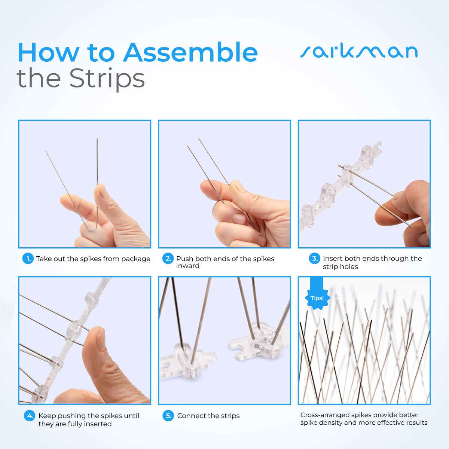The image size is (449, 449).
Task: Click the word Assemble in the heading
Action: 190,53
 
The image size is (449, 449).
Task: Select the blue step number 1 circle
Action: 28,259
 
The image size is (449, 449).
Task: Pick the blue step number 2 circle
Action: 168,259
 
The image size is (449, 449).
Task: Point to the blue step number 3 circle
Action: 315,259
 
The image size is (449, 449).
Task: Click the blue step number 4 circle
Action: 30,416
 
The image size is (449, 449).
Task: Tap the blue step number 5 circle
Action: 168,416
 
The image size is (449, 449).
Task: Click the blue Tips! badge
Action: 317,298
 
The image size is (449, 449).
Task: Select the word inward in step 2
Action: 188,266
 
